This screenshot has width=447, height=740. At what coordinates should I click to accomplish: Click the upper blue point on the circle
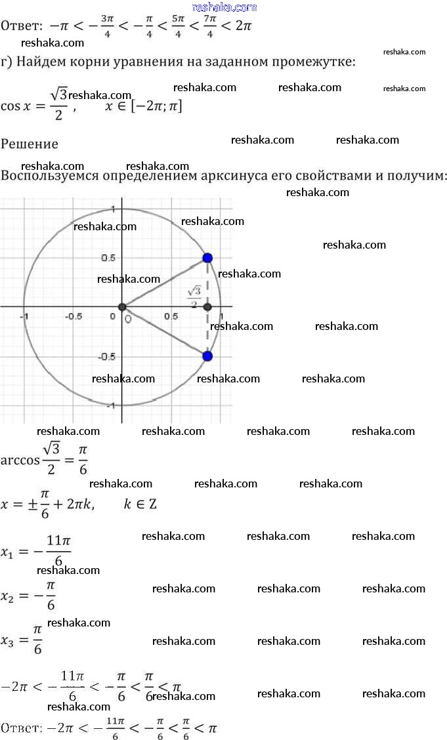tap(207, 258)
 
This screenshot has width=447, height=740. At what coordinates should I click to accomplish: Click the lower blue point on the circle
tap(207, 356)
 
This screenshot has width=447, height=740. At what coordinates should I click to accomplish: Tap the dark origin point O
tap(122, 307)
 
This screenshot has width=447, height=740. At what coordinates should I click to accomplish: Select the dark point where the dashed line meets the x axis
tap(207, 307)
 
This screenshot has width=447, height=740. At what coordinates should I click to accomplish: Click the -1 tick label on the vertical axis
tap(113, 406)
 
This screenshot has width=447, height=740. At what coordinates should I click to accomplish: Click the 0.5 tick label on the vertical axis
tap(108, 258)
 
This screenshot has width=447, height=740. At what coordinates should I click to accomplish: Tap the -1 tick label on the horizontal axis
tap(24, 317)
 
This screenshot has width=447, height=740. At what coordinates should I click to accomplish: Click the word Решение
tap(30, 144)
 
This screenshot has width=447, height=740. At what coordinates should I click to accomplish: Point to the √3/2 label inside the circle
tap(194, 296)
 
